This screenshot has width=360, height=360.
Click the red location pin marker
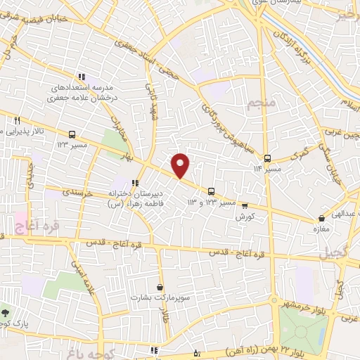click(x=181, y=165)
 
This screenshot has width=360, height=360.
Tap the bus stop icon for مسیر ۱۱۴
click(x=267, y=158)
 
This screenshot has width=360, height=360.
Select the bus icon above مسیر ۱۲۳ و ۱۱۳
click(x=212, y=191)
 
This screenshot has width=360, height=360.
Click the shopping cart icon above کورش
click(x=244, y=206)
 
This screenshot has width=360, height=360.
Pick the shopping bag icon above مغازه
click(x=321, y=219)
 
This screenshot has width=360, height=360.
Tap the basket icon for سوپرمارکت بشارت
click(x=161, y=287)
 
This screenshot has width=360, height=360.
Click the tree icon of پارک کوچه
click(x=6, y=312)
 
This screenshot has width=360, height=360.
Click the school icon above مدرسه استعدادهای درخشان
click(x=82, y=77)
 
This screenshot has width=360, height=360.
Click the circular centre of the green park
click(x=304, y=330)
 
